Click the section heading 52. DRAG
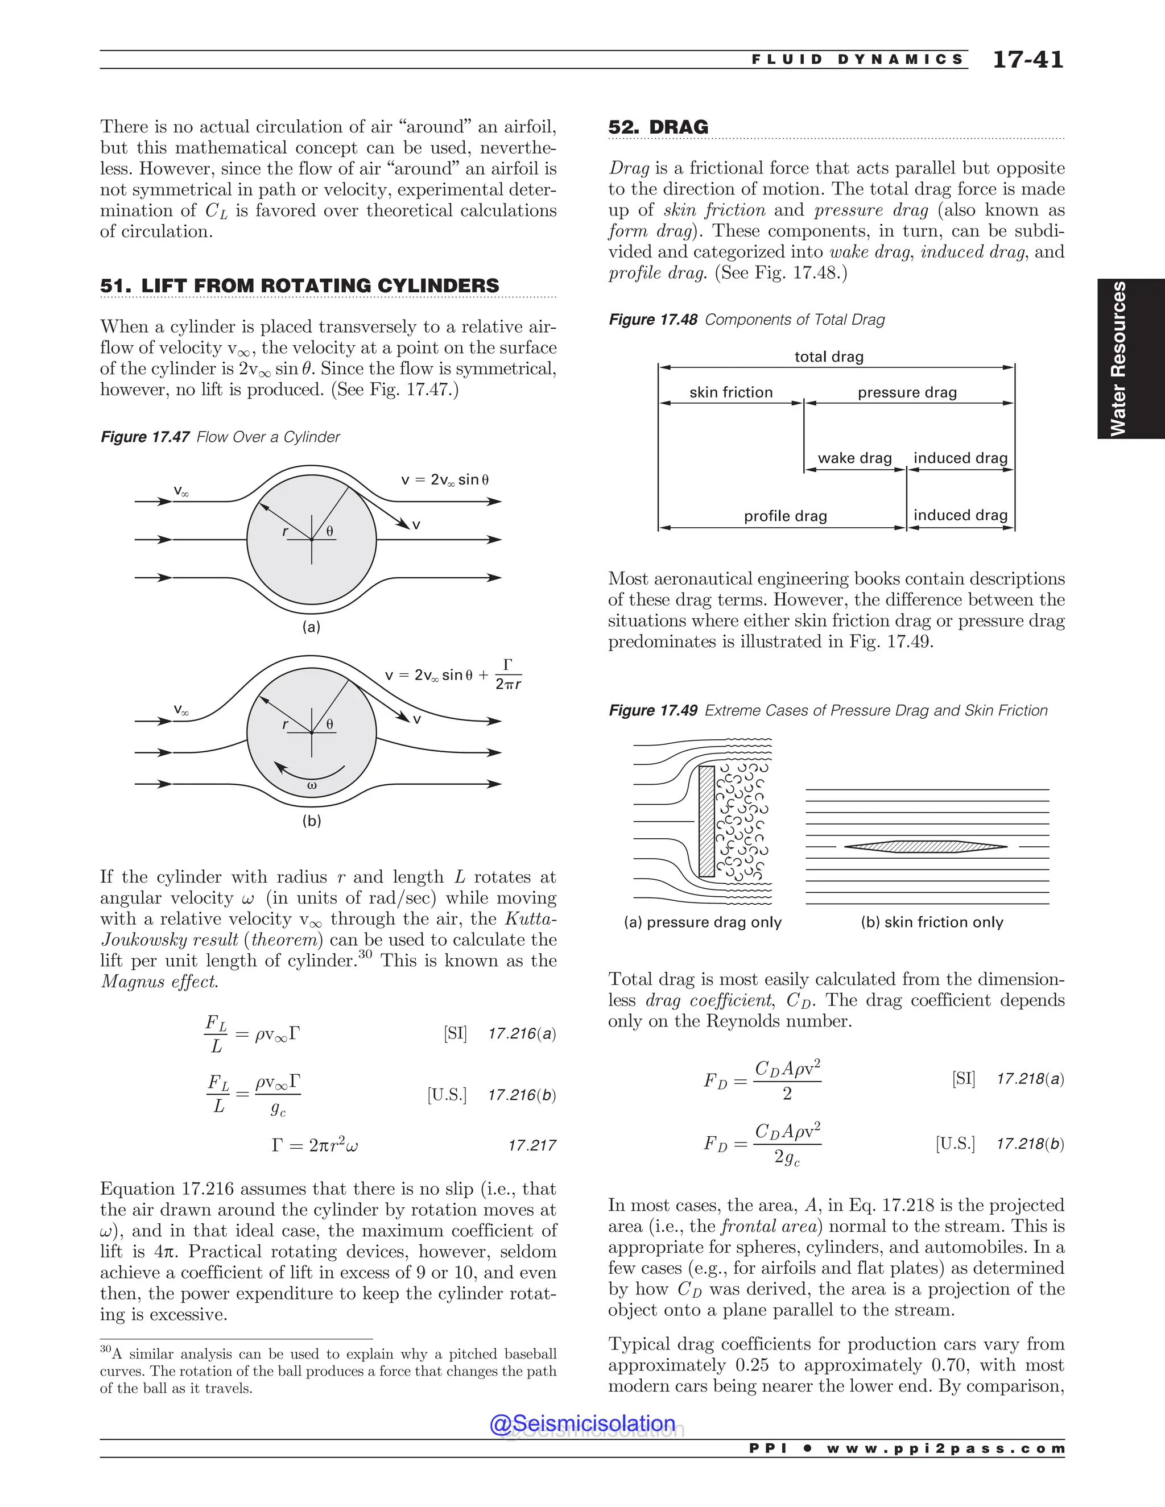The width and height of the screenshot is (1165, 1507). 658,127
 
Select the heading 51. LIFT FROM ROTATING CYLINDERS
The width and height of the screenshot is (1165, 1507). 300,285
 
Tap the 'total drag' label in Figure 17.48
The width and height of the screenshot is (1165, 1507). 829,357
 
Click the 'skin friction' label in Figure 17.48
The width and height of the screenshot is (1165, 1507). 731,392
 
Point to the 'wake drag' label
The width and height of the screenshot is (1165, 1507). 854,458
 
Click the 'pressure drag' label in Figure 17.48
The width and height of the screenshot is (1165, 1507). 907,392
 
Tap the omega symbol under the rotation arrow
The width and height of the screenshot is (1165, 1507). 311,785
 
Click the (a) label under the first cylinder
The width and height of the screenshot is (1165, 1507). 311,627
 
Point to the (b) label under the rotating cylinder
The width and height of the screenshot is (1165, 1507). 311,821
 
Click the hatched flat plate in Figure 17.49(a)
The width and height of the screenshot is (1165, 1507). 706,821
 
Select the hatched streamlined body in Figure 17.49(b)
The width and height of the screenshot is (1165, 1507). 925,847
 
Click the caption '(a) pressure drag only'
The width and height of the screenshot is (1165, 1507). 703,922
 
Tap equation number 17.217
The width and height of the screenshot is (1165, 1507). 531,1146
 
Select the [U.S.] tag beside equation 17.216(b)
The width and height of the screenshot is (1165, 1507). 447,1095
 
